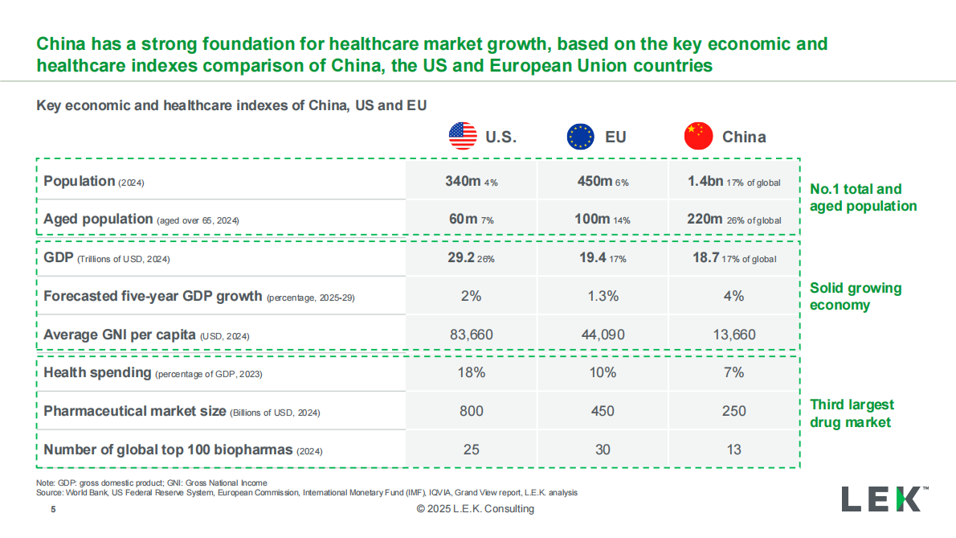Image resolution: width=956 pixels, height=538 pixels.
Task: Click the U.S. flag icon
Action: click(463, 136)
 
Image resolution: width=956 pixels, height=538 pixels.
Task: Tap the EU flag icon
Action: click(580, 136)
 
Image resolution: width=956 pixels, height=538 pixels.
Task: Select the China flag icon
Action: click(698, 136)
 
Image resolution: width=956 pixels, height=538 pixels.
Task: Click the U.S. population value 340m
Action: click(463, 181)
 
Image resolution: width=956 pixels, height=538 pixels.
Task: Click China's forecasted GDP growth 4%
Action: click(733, 296)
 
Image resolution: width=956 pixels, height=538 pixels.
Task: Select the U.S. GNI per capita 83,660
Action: click(471, 335)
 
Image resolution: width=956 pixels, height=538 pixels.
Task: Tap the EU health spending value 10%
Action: click(603, 372)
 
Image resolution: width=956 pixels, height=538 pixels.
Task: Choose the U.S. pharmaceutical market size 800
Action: click(471, 411)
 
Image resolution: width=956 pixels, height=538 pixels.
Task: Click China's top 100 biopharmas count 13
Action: click(733, 450)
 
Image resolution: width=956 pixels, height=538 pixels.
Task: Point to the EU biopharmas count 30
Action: click(603, 450)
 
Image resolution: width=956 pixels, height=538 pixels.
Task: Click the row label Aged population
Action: click(98, 219)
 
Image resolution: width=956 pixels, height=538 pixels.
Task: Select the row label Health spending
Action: click(97, 372)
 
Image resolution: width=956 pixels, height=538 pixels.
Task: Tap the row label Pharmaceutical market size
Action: click(135, 411)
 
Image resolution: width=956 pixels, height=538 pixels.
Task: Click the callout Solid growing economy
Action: click(856, 296)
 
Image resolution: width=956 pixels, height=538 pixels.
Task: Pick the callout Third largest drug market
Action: click(852, 413)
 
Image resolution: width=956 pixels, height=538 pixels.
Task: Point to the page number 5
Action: click(53, 509)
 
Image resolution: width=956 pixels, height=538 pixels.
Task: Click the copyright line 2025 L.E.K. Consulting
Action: click(475, 509)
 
